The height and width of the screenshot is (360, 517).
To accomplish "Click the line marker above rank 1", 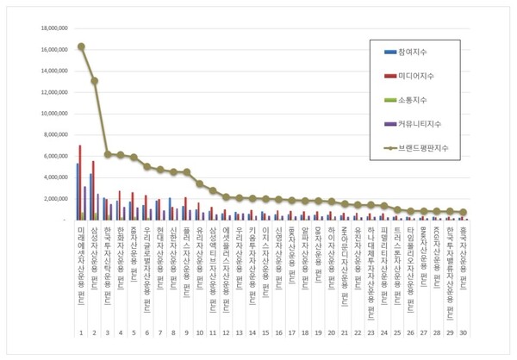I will tap(81, 47).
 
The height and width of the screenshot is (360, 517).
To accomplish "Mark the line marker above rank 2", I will tap(94, 81).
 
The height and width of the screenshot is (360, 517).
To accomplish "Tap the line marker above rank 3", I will tap(107, 154).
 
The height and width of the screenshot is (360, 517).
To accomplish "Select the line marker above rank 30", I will tap(463, 212).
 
